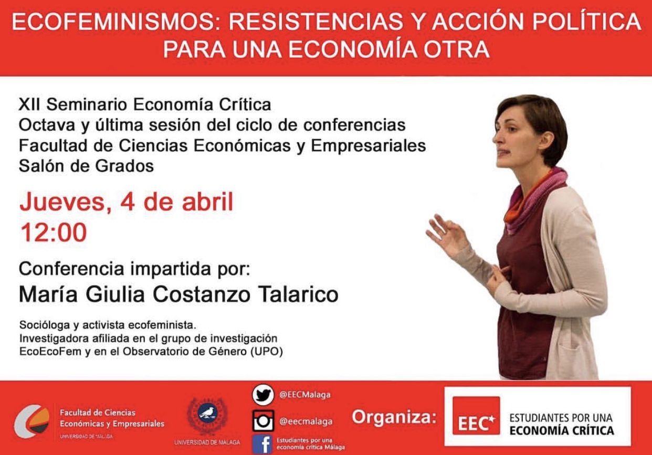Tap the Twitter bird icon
[263, 395]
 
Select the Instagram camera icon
[263, 421]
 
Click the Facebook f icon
[262, 445]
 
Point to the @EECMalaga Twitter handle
[305, 395]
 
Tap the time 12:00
[54, 232]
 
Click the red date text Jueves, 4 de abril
[127, 202]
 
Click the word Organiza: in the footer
[394, 417]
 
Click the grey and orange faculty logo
[32, 421]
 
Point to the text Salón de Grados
[86, 166]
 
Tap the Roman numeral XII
[29, 105]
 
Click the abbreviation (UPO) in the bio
[267, 352]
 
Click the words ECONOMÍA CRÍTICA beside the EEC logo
[562, 430]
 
